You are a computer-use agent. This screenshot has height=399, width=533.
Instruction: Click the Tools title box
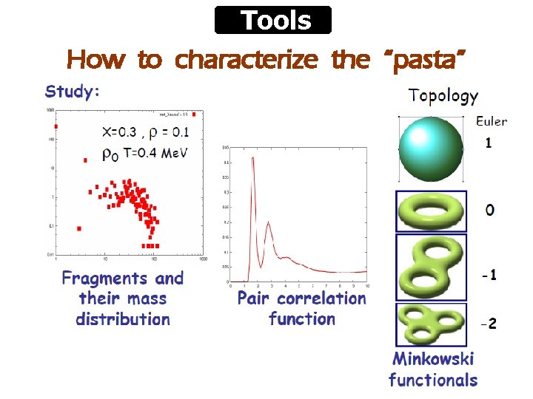click(x=273, y=20)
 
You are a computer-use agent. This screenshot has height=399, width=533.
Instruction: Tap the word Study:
click(x=73, y=92)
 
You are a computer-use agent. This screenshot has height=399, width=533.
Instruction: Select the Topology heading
click(x=443, y=95)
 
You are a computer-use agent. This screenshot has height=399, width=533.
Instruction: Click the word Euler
click(x=491, y=121)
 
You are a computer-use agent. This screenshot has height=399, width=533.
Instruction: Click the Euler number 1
click(x=488, y=143)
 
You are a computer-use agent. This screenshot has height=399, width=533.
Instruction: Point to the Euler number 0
click(x=490, y=211)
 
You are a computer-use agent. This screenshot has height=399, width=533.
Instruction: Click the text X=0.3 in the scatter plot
click(x=119, y=133)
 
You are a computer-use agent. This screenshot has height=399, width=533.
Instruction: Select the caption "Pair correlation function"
click(x=301, y=309)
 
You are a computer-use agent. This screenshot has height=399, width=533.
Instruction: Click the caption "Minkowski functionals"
click(x=433, y=369)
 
